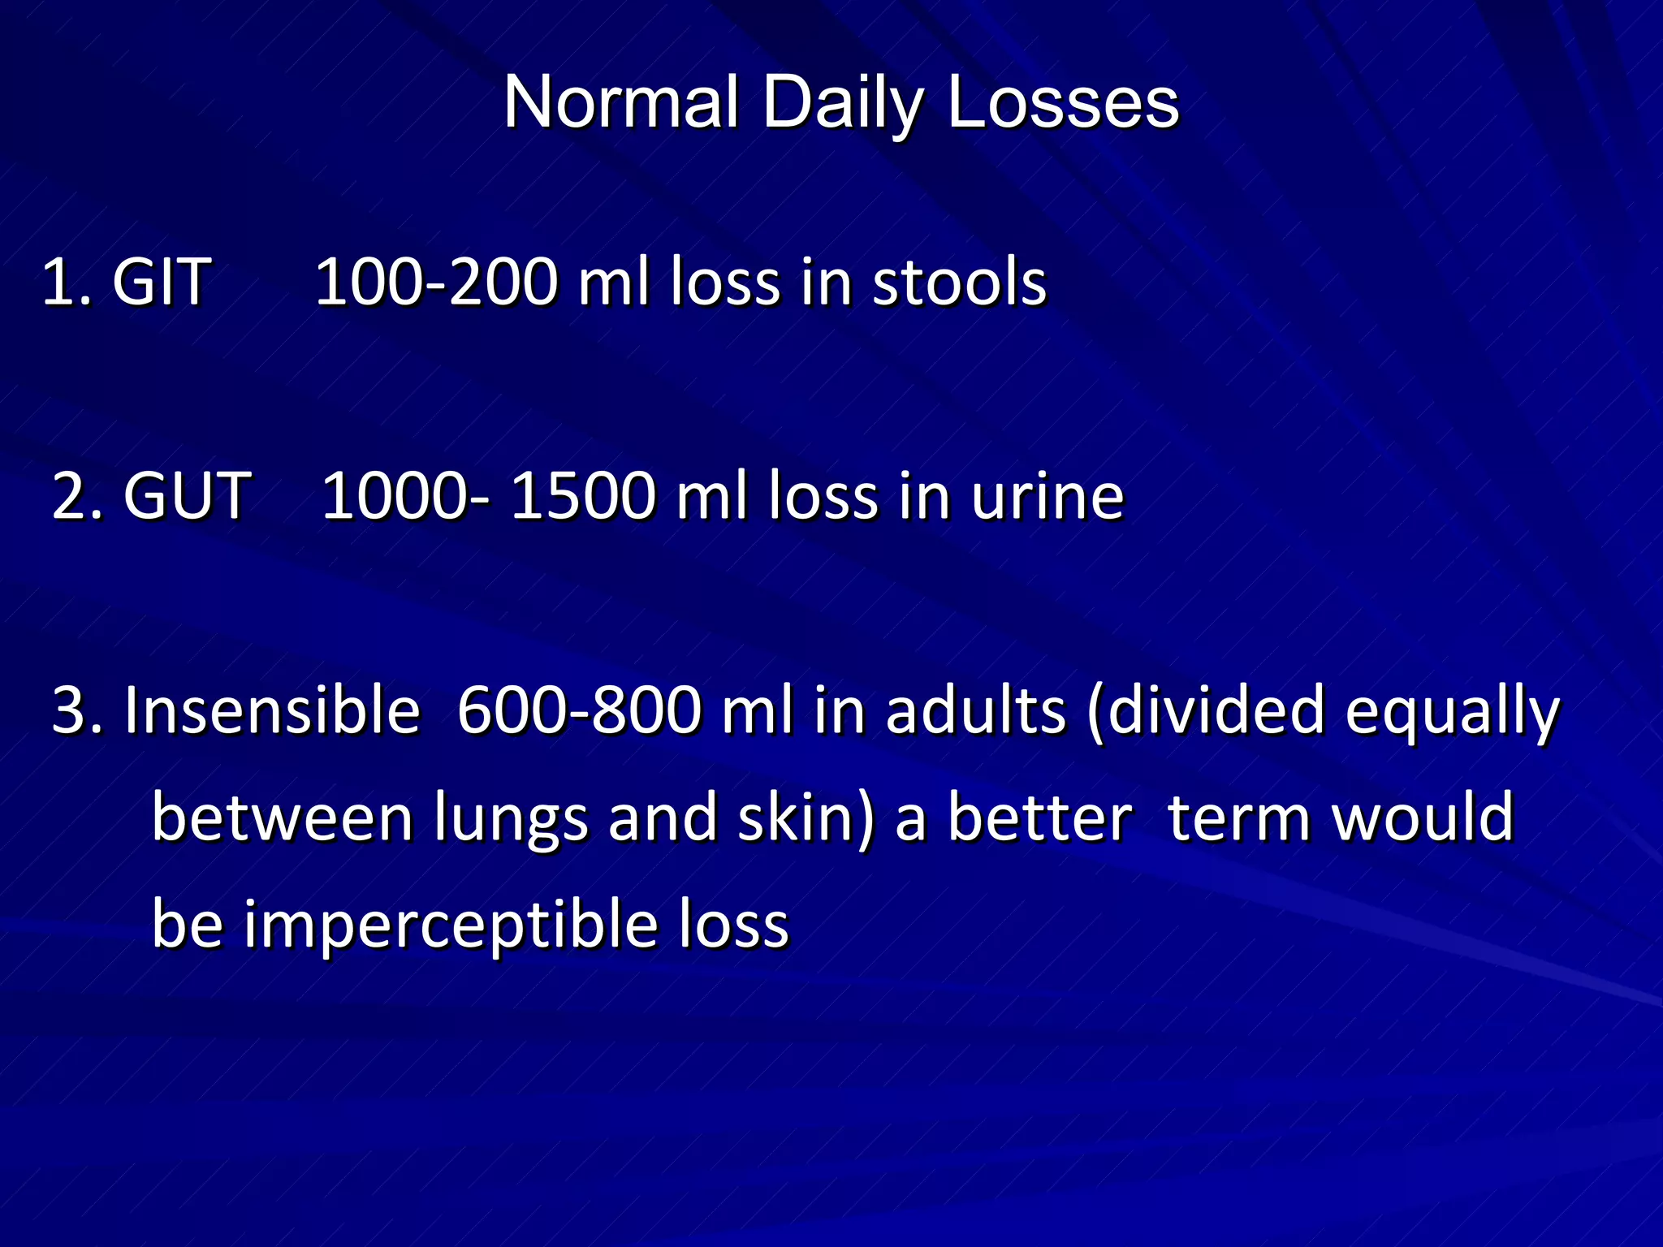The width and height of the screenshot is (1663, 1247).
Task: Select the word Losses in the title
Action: coord(1063,103)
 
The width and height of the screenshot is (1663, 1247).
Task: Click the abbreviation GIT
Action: coord(162,282)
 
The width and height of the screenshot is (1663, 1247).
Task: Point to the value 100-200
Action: coord(436,282)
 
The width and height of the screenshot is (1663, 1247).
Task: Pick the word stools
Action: coord(959,282)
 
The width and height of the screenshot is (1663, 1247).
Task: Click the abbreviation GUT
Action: coord(187,495)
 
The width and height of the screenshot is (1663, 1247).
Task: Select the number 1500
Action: coord(583,495)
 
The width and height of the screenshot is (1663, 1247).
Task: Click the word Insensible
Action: coord(272,710)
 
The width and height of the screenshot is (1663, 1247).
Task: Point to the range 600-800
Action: coord(579,710)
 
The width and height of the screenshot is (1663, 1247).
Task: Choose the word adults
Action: coord(975,710)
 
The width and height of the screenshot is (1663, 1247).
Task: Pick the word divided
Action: coord(1216,710)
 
